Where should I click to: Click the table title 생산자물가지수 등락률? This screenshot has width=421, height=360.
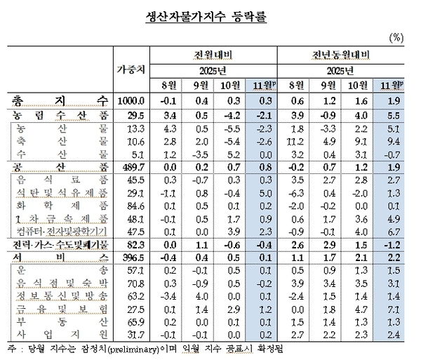tap(210, 15)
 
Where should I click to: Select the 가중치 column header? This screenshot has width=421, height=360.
tap(131, 70)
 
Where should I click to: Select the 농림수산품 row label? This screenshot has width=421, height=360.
tap(62, 115)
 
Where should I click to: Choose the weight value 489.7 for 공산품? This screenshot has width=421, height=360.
tap(131, 166)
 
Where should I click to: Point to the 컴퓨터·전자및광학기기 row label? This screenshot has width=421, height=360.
tap(62, 230)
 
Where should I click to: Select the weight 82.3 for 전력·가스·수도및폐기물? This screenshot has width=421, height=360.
tap(131, 244)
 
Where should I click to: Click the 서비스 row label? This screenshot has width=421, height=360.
tap(62, 256)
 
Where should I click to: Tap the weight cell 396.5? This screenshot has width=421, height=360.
tap(131, 256)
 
